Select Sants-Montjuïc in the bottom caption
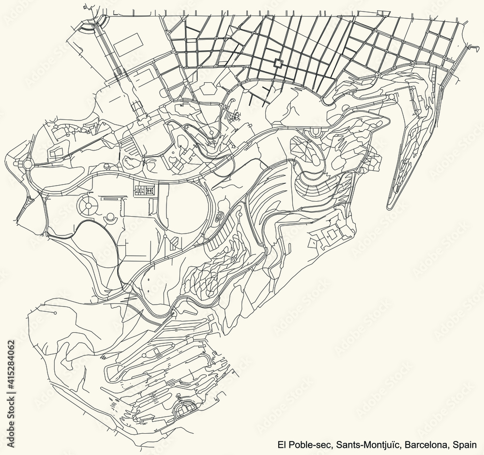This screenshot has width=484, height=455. [369, 444]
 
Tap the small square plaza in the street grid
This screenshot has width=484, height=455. [278, 63]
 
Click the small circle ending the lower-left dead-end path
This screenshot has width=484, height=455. [56, 313]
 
